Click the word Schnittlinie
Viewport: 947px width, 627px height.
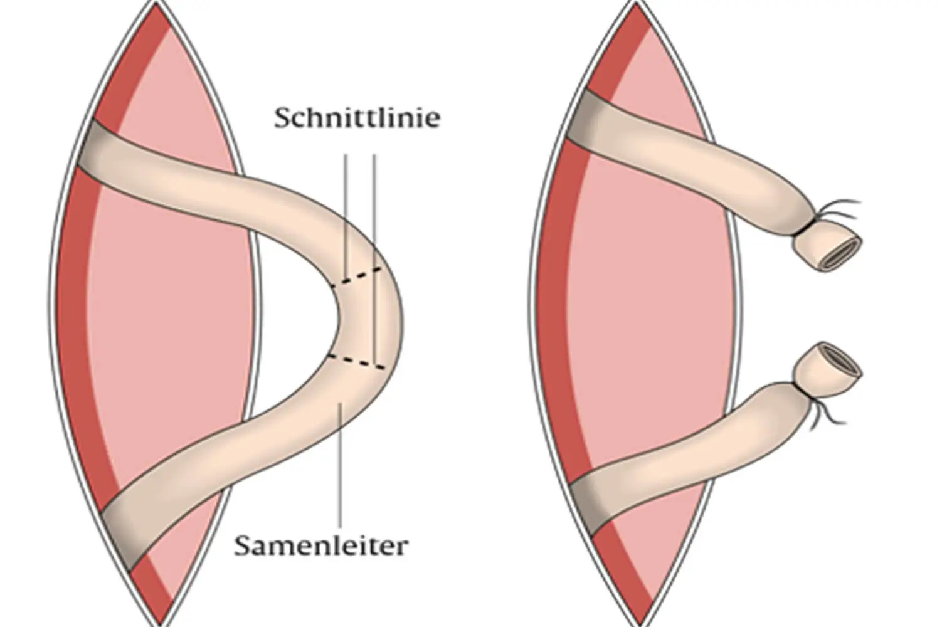357,117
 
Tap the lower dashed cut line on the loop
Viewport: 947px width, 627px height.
356,362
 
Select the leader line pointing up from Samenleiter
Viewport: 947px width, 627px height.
341,465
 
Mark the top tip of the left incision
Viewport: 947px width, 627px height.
156,3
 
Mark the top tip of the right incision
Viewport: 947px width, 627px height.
635,3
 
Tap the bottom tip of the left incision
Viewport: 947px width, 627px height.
160,624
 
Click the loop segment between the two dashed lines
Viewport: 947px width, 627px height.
368,320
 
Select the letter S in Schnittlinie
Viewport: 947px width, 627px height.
283,118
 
